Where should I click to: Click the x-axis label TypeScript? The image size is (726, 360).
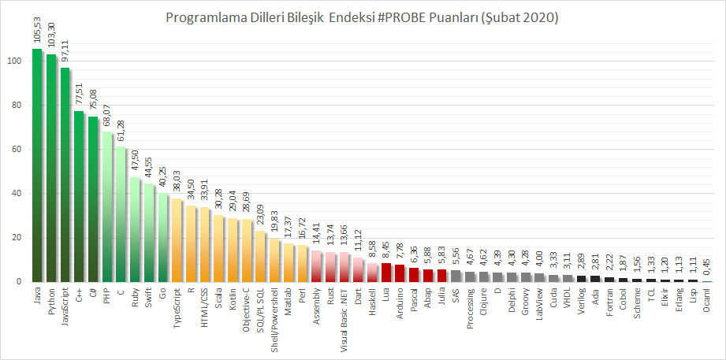coord(177,303)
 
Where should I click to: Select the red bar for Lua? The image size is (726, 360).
coord(386,272)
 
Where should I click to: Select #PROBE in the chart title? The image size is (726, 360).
coord(417,17)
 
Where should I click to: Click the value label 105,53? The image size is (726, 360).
coord(37,32)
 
